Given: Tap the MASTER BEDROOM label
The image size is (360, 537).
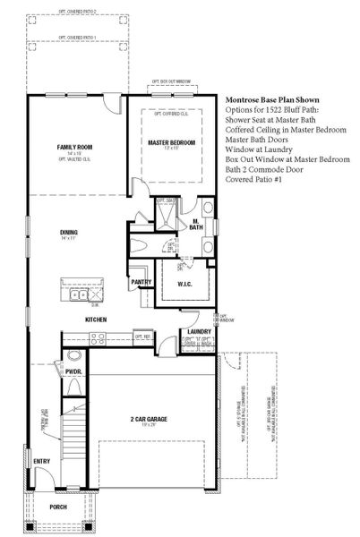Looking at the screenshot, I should pyautogui.click(x=171, y=143).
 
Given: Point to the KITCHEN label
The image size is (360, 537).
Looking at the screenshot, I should pyautogui.click(x=96, y=320).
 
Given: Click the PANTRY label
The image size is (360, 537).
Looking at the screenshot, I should pyautogui.click(x=141, y=282).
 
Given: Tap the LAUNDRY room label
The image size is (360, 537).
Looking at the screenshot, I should pyautogui.click(x=198, y=332).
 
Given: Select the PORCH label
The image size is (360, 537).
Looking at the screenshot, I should pyautogui.click(x=58, y=507).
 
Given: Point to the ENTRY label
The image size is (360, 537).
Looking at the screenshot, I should pyautogui.click(x=42, y=462).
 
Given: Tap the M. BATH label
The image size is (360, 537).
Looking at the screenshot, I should pyautogui.click(x=197, y=224).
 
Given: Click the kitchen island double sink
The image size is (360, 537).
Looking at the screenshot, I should pyautogui.click(x=77, y=294).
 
